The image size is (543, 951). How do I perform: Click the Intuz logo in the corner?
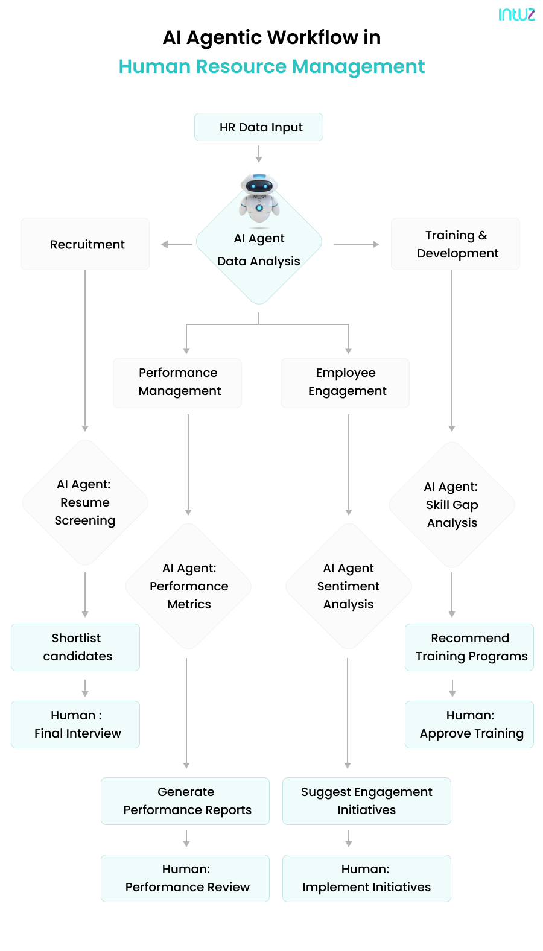coord(516,14)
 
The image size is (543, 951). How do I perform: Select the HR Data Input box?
coord(259,127)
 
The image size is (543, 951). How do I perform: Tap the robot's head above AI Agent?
coord(259,186)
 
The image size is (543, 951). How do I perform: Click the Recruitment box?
coord(85,244)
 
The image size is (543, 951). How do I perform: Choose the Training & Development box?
coord(456,244)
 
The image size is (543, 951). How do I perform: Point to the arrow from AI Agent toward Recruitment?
coord(176,244)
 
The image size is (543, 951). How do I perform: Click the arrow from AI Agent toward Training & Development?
coord(356,244)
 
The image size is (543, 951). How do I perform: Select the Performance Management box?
coord(177,383)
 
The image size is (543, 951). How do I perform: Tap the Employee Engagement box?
coord(345,383)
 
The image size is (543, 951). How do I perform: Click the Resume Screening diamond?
coord(85,502)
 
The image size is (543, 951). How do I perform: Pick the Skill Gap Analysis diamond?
coord(452,505)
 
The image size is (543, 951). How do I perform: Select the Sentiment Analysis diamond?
coord(349,586)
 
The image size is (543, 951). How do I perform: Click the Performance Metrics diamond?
coord(189,586)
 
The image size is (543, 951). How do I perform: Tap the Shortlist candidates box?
coord(75,647)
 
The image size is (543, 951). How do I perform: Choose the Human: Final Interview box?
coord(75,724)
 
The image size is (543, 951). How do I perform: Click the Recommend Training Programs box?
coord(469,647)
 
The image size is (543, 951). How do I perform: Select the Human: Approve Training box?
coord(469,724)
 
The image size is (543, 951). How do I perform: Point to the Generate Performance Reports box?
coord(185,801)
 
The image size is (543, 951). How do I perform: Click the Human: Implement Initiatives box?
coord(367,878)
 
